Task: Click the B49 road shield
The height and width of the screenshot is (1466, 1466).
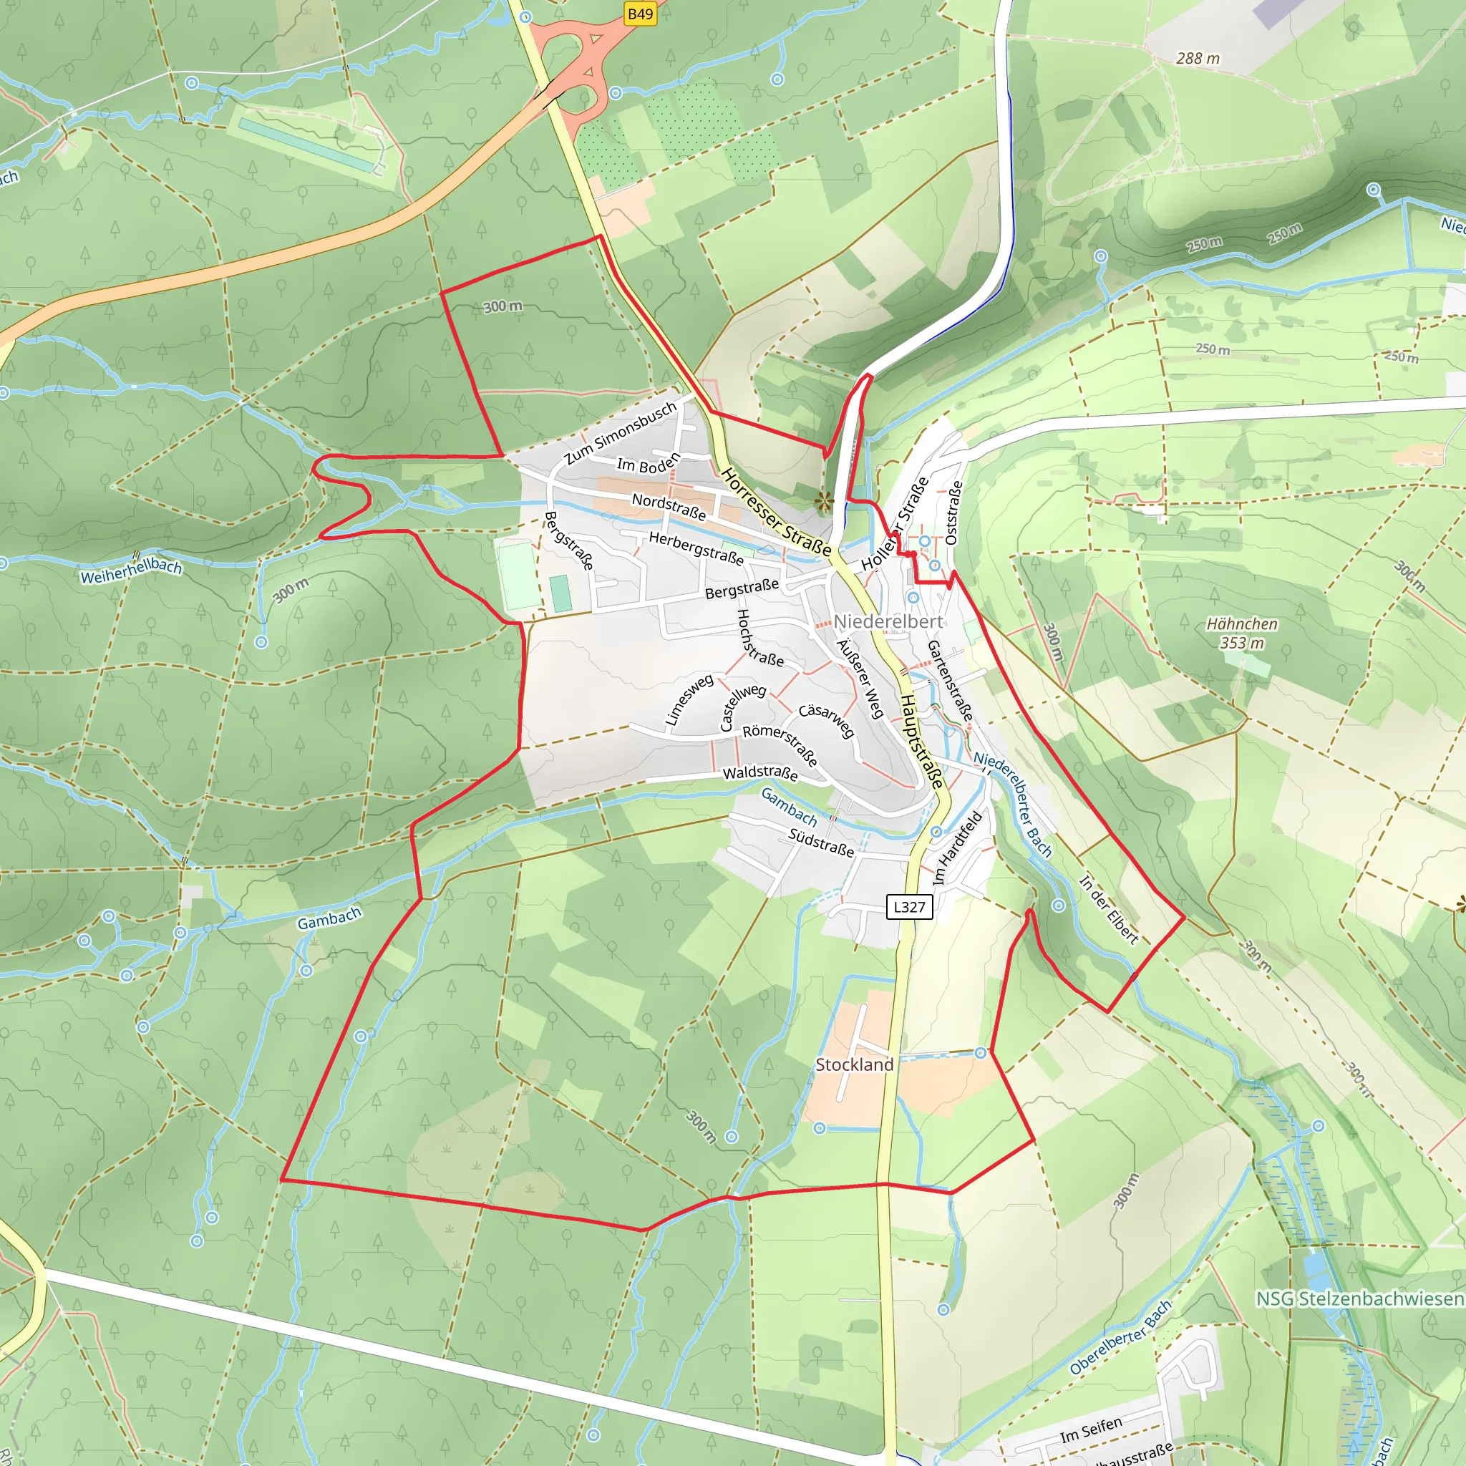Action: click(x=641, y=14)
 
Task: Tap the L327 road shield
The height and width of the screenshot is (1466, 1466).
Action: click(x=909, y=906)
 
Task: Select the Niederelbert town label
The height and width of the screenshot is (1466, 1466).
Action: click(x=888, y=621)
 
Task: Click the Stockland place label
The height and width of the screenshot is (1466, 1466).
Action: click(x=855, y=1064)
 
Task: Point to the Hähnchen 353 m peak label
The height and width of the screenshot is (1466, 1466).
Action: click(x=1242, y=633)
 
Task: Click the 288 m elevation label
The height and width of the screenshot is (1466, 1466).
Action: click(x=1198, y=59)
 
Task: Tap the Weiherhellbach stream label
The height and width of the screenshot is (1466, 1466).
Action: click(x=131, y=570)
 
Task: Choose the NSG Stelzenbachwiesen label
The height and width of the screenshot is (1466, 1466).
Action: click(x=1360, y=1298)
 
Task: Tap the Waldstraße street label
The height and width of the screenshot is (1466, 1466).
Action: click(x=759, y=772)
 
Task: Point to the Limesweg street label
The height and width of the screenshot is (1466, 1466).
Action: click(x=688, y=699)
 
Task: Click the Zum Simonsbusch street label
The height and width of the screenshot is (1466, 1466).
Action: click(x=621, y=432)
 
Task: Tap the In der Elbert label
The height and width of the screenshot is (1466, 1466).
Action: click(x=1109, y=910)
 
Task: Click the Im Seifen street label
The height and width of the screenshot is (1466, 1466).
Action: click(x=1090, y=1430)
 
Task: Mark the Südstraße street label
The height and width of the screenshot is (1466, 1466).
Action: click(x=821, y=843)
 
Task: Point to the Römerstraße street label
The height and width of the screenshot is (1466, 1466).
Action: click(x=780, y=744)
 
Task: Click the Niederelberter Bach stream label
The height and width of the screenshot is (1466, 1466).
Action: click(x=1013, y=804)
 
